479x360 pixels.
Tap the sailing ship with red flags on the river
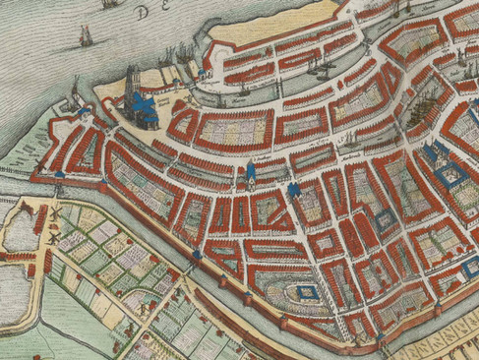click(x=85, y=37)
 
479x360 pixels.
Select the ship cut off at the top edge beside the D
click(x=109, y=4)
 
